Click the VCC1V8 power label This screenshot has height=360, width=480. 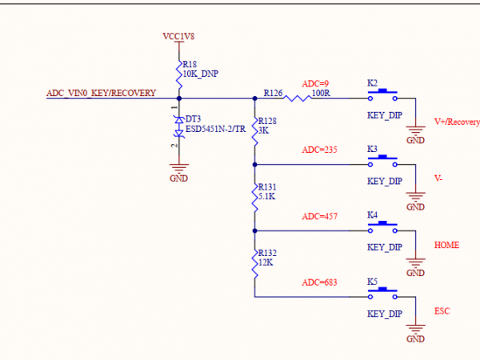coord(179,36)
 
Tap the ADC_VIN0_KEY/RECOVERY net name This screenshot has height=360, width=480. coord(101,93)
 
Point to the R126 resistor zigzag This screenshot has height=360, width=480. coord(297,98)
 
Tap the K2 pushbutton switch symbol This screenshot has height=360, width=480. coord(383,96)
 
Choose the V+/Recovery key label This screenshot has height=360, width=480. coord(456,122)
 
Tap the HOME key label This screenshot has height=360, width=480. coord(446,245)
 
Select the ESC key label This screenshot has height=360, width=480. coord(442,310)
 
